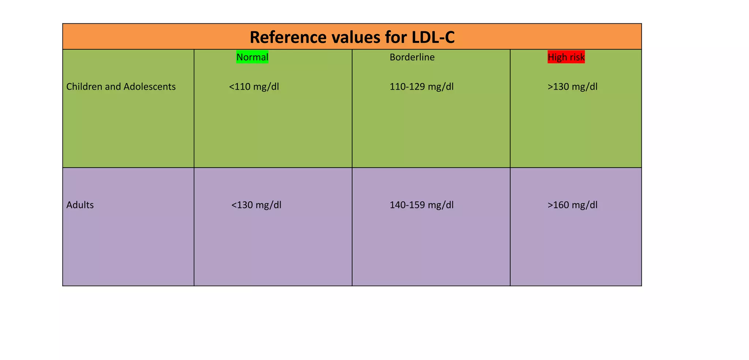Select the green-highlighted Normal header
(252, 57)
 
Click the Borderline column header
(412, 57)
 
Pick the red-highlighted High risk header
(566, 57)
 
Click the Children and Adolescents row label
(121, 87)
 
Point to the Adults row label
(80, 205)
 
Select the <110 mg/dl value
(254, 87)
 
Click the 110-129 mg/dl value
(422, 87)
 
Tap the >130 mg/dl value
(573, 87)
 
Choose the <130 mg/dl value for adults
(256, 205)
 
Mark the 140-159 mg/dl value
(422, 205)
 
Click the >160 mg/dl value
(573, 205)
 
